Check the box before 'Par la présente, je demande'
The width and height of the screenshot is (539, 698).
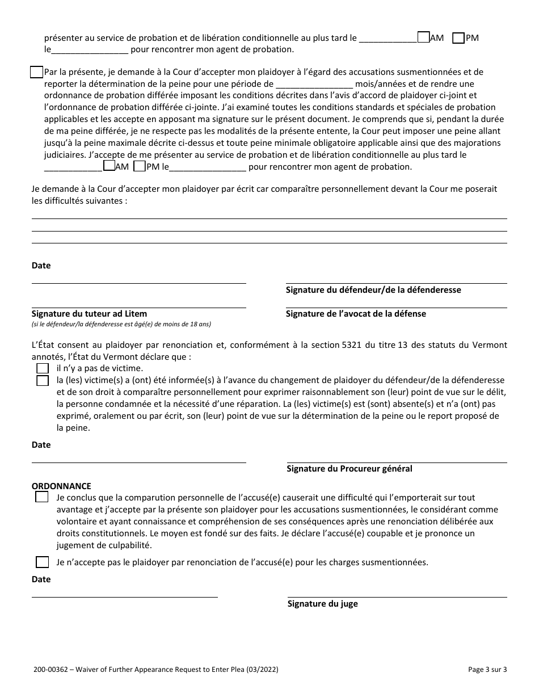click(36, 72)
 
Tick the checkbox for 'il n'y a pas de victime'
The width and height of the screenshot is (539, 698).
click(43, 368)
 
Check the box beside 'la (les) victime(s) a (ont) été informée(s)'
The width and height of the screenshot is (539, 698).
click(43, 381)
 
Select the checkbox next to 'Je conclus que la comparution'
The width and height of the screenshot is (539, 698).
click(42, 498)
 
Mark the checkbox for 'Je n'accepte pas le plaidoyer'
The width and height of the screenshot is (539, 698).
click(43, 562)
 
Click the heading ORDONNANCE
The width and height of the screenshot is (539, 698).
click(61, 486)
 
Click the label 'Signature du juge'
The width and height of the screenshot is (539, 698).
click(322, 604)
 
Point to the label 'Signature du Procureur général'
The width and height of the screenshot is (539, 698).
click(349, 469)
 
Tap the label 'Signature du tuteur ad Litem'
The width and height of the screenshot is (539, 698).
click(89, 314)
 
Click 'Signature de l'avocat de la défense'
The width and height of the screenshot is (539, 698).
click(356, 314)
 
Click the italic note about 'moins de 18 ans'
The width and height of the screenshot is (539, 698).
click(121, 324)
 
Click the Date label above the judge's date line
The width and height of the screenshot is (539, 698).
click(41, 579)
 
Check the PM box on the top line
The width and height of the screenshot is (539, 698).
click(458, 38)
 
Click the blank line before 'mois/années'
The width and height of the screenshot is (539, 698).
click(315, 84)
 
